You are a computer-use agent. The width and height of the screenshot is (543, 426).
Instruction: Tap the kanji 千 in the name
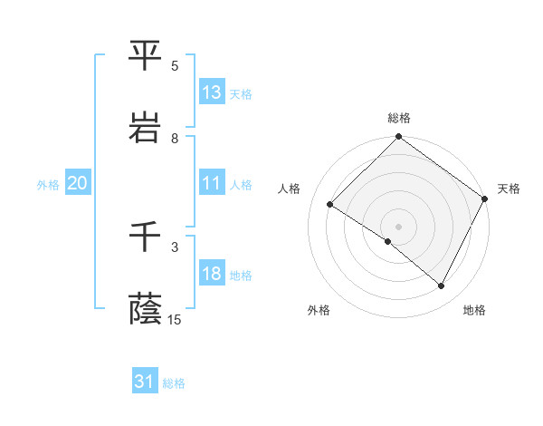145,237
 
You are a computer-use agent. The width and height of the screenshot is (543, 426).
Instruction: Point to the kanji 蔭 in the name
145,310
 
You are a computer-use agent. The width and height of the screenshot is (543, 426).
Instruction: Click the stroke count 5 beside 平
175,65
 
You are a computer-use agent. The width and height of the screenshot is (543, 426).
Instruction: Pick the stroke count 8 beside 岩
175,139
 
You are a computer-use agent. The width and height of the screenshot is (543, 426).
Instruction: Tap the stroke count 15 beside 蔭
175,320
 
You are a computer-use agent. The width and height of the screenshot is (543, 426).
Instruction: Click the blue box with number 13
211,92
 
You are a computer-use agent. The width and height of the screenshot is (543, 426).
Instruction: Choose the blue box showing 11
211,183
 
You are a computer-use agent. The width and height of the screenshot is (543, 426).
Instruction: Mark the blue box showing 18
211,274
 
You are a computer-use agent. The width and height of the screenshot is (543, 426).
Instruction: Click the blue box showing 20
77,183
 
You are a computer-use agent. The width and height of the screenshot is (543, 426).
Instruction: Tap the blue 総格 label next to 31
174,383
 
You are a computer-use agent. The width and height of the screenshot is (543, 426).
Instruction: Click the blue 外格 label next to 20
48,184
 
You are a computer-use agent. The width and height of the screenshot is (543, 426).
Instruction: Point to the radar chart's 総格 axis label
399,118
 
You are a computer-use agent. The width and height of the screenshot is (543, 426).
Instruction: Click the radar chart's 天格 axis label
509,189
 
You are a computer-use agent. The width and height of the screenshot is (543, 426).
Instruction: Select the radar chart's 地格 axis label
474,310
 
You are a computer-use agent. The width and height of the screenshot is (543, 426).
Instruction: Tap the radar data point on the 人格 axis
330,205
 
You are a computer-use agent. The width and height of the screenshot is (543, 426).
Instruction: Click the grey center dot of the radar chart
399,226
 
